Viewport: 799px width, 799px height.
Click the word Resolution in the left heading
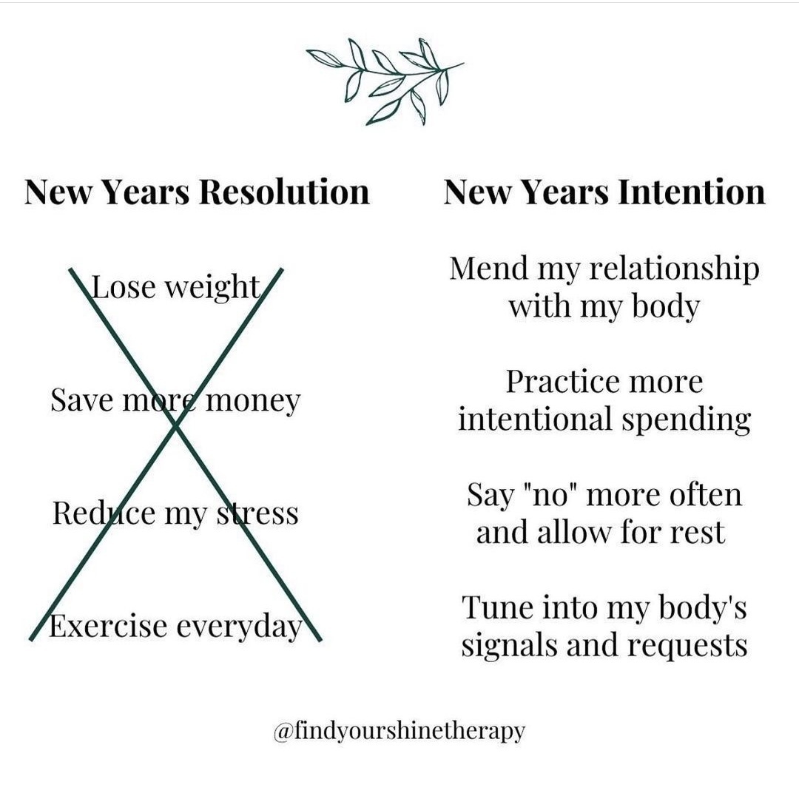284,192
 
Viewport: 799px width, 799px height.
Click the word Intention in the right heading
692,192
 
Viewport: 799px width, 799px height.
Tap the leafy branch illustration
385,81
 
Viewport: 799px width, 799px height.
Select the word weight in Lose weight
213,289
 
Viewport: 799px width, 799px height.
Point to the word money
252,402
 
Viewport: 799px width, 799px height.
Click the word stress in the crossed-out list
258,513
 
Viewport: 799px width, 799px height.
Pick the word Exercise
107,627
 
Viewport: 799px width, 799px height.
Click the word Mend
489,269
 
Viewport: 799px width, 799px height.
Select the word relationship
674,271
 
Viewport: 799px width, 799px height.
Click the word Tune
495,607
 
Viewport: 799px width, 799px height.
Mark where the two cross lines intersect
176,424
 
